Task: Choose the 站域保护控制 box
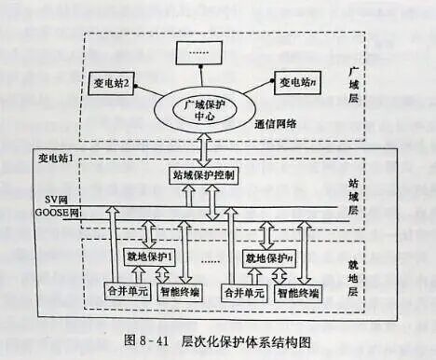pyautogui.click(x=204, y=174)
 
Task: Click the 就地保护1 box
pyautogui.click(x=151, y=256)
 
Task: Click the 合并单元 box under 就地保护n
pyautogui.click(x=243, y=293)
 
